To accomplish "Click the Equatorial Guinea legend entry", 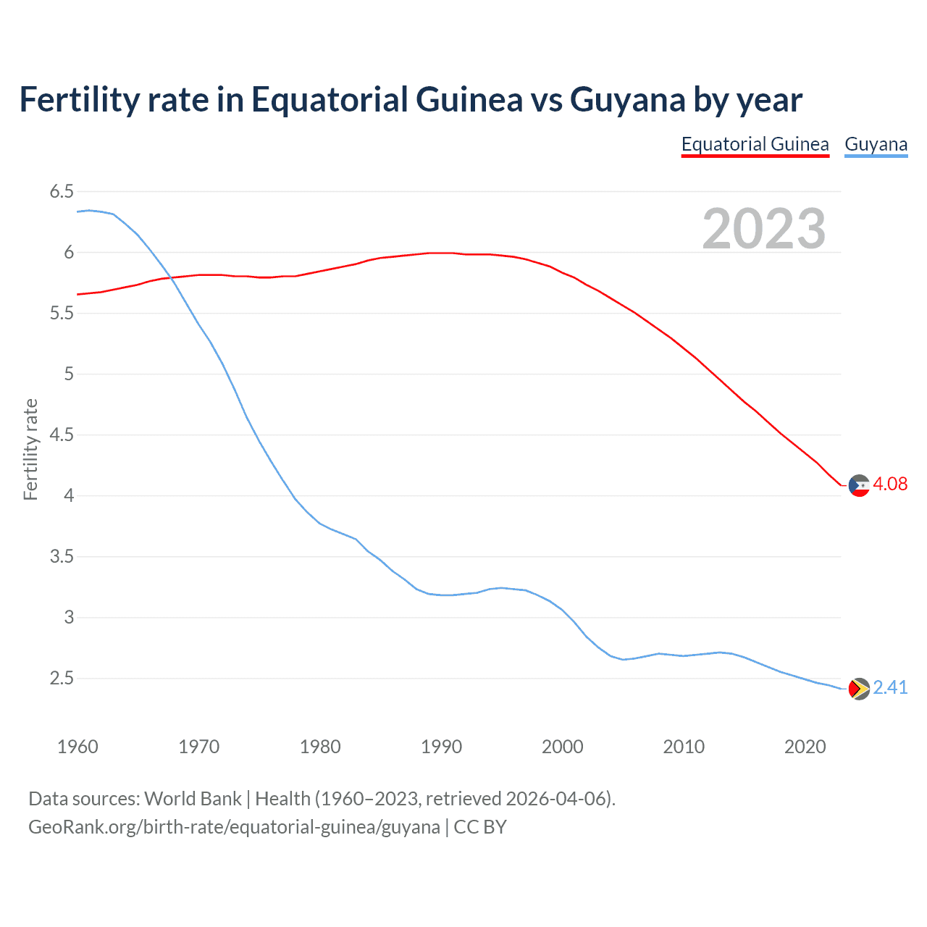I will point(755,144).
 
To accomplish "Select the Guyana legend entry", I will point(876,144).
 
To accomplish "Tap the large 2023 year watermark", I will point(763,229).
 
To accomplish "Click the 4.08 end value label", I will point(890,484).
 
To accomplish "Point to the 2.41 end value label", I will point(890,687).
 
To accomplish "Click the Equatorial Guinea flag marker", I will point(859,485).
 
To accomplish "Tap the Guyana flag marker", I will point(859,689).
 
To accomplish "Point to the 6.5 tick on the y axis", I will point(62,192).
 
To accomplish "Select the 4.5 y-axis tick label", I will point(62,435).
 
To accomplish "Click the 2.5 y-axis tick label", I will point(62,679).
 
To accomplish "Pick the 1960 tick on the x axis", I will point(77,747).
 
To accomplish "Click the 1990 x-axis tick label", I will point(441,747).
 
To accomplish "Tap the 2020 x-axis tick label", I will point(805,747).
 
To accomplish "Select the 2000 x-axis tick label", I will point(562,747).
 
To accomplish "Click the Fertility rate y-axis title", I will point(30,449).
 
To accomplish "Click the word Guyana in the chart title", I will point(627,100).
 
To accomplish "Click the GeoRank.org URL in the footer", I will point(234,827).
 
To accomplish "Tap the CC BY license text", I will point(480,827).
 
